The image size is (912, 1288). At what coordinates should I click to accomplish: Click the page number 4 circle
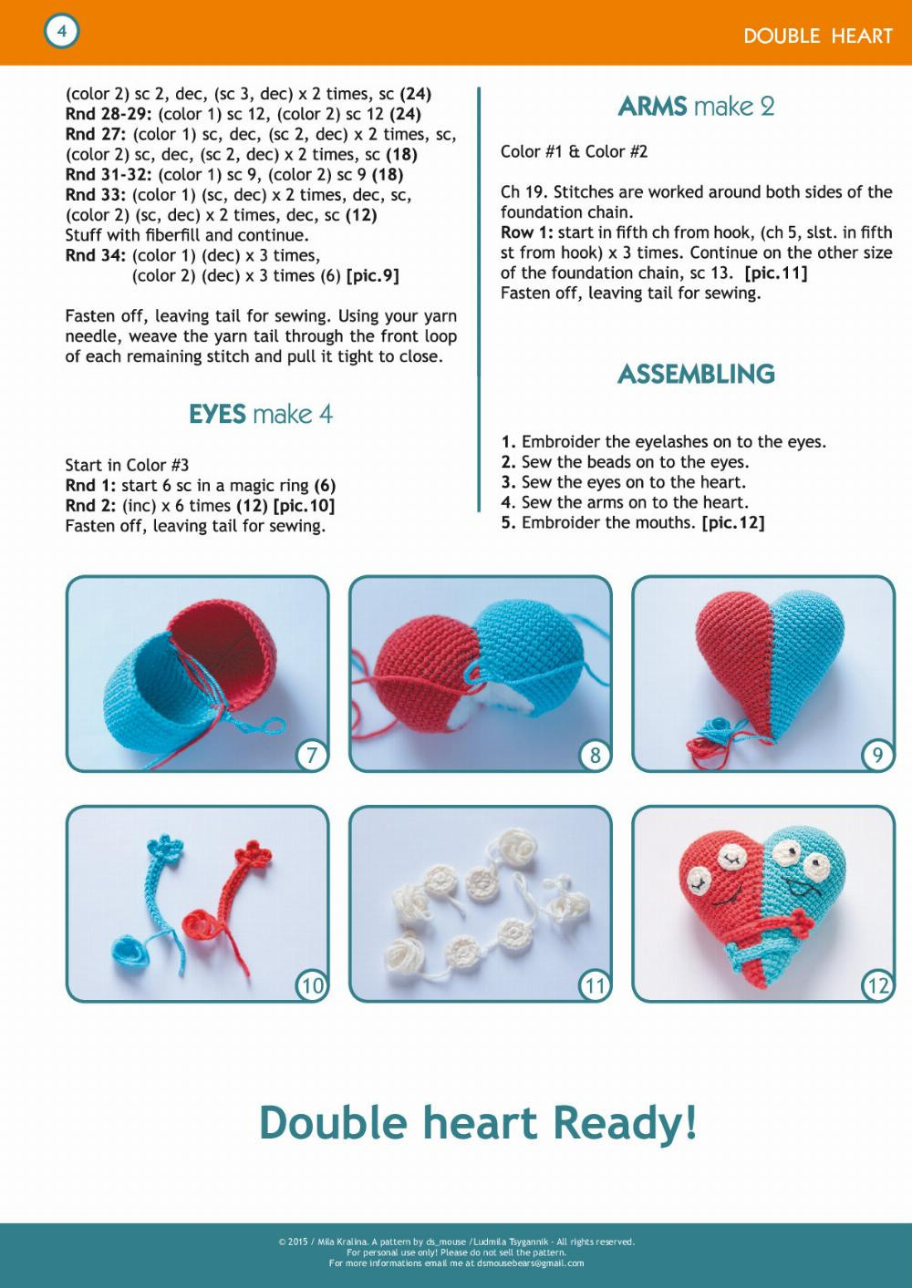(x=61, y=32)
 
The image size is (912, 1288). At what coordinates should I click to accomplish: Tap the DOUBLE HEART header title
(x=817, y=36)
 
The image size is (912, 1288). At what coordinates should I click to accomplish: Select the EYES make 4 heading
(x=261, y=415)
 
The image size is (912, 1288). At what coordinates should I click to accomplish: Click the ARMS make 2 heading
(x=696, y=107)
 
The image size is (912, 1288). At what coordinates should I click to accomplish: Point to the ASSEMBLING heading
(x=696, y=374)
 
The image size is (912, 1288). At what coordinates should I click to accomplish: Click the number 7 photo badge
(x=312, y=755)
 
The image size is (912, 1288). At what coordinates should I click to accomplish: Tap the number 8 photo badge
(x=595, y=755)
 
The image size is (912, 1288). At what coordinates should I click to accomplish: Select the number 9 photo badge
(x=877, y=755)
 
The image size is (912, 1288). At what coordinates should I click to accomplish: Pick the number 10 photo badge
(x=312, y=985)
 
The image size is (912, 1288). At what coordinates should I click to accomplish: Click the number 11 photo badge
(x=595, y=985)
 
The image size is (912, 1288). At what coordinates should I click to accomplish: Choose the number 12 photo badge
(x=877, y=985)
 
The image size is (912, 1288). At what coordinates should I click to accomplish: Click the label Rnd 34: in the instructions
(x=96, y=256)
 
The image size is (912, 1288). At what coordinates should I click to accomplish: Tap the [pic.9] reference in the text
(x=372, y=276)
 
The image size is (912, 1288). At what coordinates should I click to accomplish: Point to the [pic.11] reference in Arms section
(x=775, y=273)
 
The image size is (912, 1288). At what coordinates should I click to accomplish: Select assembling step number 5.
(x=509, y=522)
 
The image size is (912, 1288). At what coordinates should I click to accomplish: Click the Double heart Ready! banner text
(x=478, y=1122)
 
